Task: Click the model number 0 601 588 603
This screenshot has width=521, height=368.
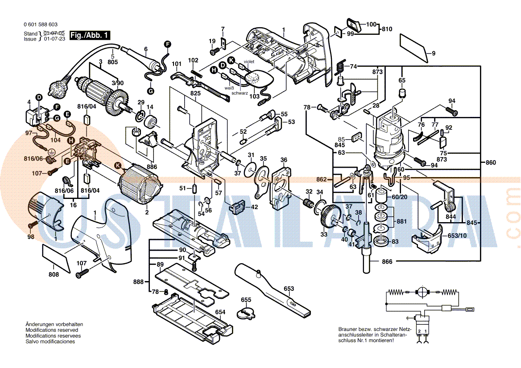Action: point(41,25)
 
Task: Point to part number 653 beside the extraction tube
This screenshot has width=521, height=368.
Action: point(289,289)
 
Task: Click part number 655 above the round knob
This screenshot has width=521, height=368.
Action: point(246,300)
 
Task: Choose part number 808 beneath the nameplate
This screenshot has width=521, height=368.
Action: point(54,274)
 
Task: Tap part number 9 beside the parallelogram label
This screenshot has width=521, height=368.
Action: point(433,54)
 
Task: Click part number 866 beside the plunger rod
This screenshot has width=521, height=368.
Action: point(387,262)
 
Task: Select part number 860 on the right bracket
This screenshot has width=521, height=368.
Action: point(490,163)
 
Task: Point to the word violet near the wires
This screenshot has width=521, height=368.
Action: point(249,62)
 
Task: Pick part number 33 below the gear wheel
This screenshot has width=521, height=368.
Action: point(324,234)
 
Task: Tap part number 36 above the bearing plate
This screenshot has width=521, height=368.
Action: point(284,160)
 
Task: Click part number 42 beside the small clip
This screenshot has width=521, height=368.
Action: point(254,207)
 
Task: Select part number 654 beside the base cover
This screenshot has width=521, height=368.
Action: point(220,312)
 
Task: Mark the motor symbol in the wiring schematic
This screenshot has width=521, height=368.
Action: point(422,292)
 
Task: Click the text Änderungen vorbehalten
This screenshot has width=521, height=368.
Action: point(54,324)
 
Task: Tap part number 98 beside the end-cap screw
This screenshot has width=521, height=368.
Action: point(30,237)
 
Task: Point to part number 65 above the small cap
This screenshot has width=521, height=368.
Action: point(402,80)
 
